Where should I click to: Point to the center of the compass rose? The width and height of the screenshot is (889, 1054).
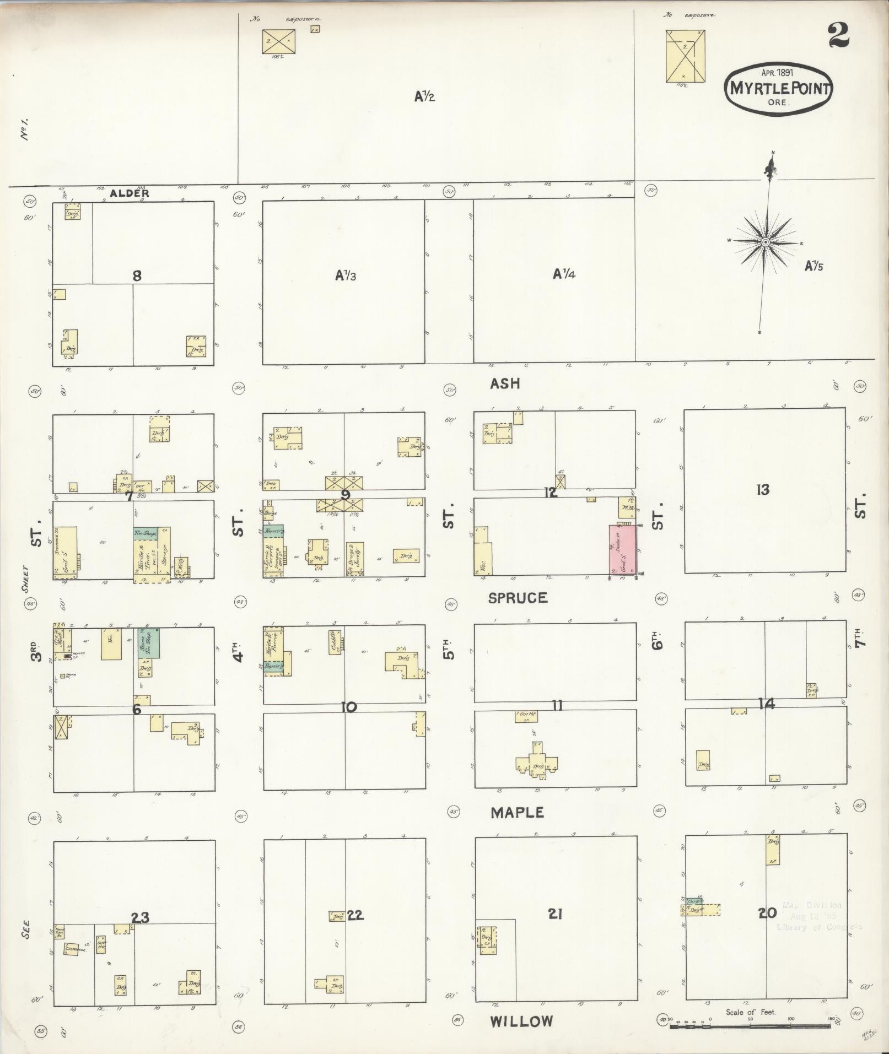click(x=766, y=242)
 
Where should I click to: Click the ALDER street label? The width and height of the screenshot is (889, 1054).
click(x=130, y=193)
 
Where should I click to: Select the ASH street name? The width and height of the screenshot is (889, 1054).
click(x=505, y=383)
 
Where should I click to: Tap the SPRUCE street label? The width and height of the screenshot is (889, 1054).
click(x=518, y=598)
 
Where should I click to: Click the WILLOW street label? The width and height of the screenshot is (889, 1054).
click(x=521, y=1021)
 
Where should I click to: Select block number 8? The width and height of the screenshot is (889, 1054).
click(x=137, y=275)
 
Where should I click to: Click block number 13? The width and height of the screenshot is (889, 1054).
click(x=763, y=489)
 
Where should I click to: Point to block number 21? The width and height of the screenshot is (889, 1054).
click(x=555, y=914)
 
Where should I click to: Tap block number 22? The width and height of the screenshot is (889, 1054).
click(x=355, y=915)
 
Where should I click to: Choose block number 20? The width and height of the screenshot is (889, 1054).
click(x=767, y=913)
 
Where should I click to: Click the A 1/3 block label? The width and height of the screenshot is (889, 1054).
click(x=346, y=275)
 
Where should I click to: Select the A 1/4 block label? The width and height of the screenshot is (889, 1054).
click(x=564, y=274)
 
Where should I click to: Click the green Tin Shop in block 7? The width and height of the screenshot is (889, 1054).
click(x=146, y=533)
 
